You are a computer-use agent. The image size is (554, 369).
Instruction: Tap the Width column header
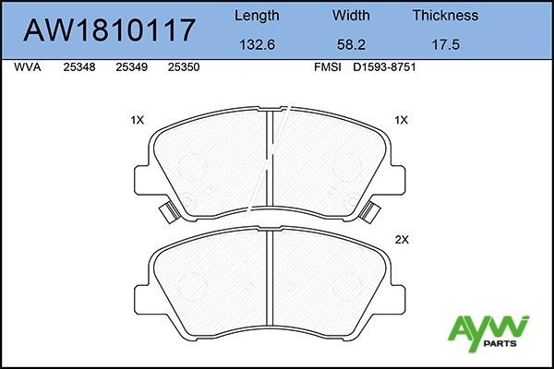click(350, 16)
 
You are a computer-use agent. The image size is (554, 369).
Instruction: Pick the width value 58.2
click(350, 43)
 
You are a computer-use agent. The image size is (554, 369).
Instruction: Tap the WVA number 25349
click(131, 68)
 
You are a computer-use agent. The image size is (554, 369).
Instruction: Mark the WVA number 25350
click(185, 68)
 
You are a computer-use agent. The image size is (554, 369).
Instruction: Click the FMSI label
click(328, 68)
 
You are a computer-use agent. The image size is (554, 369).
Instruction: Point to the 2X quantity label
click(401, 239)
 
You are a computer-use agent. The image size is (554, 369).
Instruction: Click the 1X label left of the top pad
click(138, 120)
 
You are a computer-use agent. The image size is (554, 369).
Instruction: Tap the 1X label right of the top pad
click(401, 120)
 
